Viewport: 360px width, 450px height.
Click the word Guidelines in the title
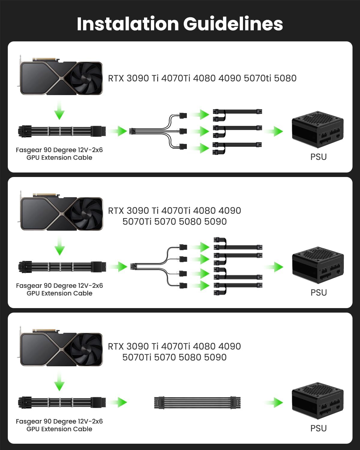pos(233,24)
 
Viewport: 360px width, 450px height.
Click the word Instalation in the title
pos(128,24)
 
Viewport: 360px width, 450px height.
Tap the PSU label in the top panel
pos(318,157)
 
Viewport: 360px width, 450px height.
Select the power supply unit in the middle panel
pos(318,265)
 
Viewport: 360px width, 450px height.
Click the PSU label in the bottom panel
pos(318,428)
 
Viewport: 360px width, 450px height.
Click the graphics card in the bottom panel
pos(60,348)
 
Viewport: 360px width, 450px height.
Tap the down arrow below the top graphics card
pos(59,111)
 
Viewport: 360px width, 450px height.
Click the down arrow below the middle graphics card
pos(60,246)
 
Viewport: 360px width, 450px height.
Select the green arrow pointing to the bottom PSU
pos(274,403)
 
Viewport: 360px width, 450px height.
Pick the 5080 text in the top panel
pos(285,78)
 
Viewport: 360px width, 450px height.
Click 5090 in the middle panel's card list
pos(215,222)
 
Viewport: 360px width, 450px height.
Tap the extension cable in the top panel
pos(62,131)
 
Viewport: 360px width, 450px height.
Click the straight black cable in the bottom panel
pos(197,403)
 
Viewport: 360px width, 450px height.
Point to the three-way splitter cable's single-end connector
pos(131,131)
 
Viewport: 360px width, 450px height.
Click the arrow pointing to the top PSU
pos(274,131)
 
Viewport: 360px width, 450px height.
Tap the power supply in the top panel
pos(317,130)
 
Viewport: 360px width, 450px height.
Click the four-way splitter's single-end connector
pos(133,267)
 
